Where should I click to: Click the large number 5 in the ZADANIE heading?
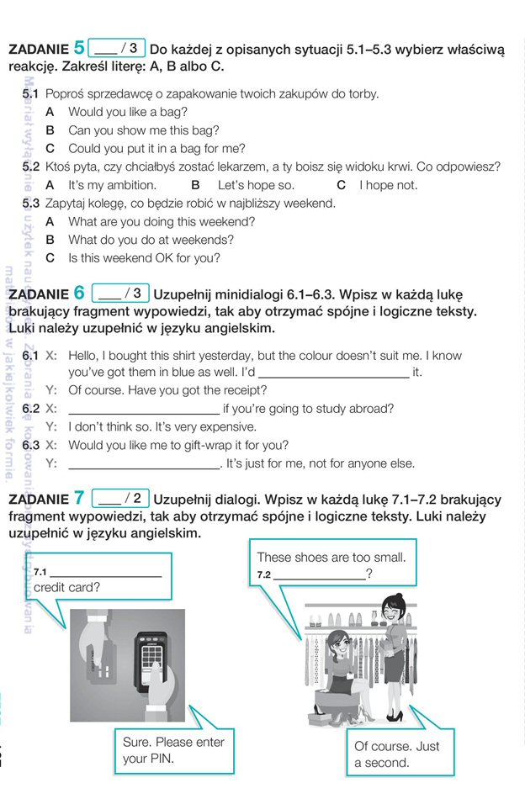point(79,48)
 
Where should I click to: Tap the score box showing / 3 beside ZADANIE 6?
point(120,294)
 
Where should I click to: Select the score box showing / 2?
point(120,497)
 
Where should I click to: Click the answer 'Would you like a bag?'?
point(128,112)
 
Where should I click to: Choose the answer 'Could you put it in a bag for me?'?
point(156,149)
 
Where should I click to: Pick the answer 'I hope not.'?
point(388,185)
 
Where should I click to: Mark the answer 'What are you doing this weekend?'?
point(162,222)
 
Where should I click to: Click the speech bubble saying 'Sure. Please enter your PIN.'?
point(174,750)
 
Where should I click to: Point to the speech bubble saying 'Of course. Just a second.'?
point(396,754)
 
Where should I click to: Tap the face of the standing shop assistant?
point(394,606)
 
